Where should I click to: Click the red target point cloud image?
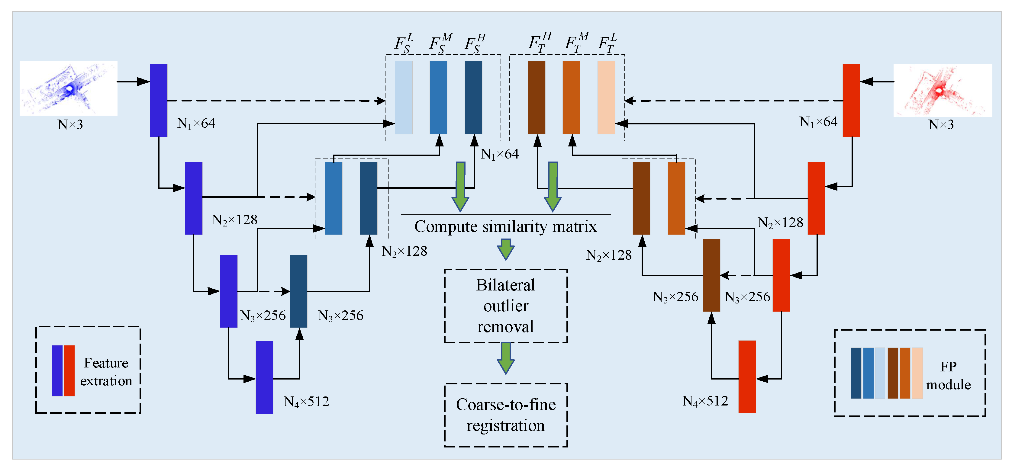(943, 90)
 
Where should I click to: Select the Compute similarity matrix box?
(506, 226)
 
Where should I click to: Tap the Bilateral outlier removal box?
(506, 306)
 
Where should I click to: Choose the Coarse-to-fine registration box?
(506, 415)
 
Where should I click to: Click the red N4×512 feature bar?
(747, 377)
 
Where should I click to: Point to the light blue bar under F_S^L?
(404, 97)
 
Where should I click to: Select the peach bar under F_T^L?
(606, 97)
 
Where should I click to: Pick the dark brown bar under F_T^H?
(536, 97)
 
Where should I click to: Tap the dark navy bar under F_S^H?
(473, 97)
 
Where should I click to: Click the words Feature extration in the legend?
(106, 372)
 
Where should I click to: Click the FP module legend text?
(948, 375)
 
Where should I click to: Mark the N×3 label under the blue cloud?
(70, 125)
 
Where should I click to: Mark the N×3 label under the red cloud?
(941, 125)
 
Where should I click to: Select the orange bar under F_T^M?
(571, 97)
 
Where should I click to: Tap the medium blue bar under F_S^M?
(438, 97)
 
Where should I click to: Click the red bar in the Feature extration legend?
(69, 371)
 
